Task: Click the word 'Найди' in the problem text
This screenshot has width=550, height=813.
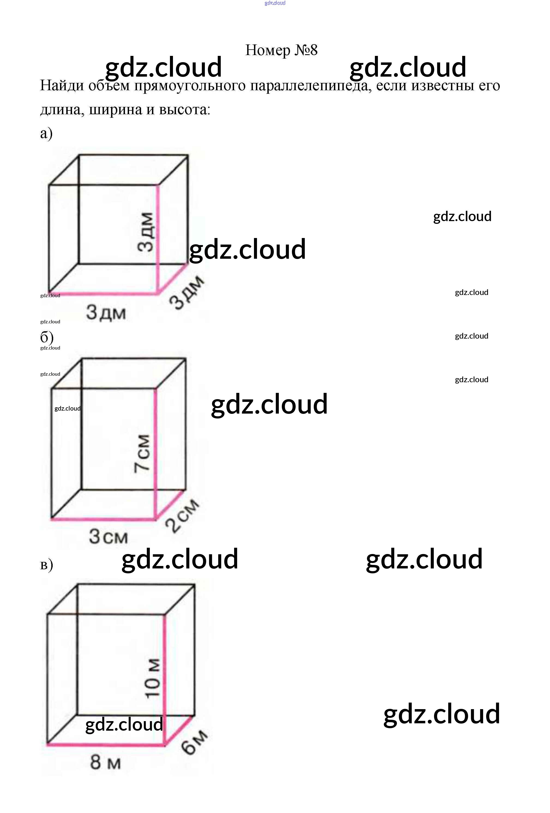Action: [x=62, y=86]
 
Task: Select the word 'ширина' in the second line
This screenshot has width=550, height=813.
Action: [x=116, y=110]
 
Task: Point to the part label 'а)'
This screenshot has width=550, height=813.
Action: [x=46, y=133]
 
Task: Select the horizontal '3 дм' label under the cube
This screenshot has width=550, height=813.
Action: [x=106, y=312]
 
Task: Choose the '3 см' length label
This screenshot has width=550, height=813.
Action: [x=108, y=537]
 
